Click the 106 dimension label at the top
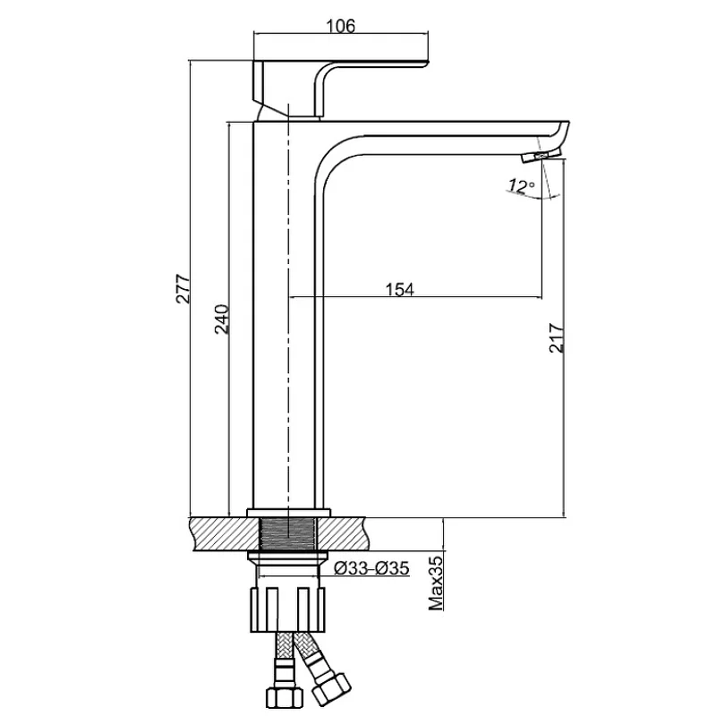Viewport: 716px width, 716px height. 341,26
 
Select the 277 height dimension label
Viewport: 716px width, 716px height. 183,289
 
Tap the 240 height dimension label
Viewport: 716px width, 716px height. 223,320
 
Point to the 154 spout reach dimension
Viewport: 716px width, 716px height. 399,288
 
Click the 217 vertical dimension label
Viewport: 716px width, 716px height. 556,337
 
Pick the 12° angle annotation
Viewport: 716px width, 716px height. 520,186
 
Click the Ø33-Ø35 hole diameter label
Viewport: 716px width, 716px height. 371,568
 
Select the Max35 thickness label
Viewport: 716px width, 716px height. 436,583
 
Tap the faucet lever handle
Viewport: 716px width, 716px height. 340,75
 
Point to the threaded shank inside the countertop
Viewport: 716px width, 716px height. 287,535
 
